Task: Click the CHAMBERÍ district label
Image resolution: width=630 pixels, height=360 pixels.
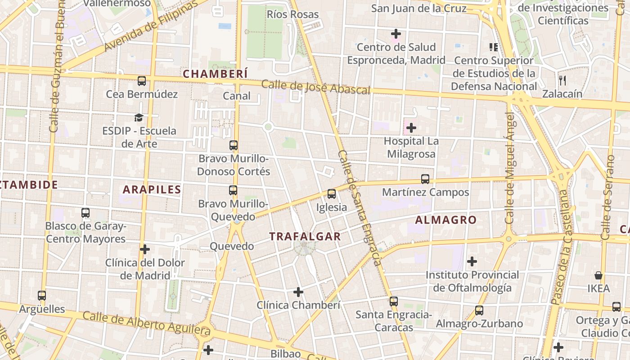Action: (216, 74)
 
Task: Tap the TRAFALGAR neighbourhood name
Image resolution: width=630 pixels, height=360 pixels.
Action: (305, 236)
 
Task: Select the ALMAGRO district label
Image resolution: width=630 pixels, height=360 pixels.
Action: (445, 220)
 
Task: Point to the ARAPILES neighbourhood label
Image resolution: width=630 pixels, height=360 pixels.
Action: (152, 189)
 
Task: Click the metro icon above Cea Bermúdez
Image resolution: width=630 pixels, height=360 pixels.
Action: (142, 81)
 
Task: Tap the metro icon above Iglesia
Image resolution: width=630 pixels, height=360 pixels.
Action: (332, 194)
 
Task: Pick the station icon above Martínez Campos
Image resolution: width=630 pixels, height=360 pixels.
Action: (425, 179)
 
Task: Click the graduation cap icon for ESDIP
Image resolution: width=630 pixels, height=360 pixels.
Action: (139, 118)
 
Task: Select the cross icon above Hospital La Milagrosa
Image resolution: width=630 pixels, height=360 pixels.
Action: (411, 128)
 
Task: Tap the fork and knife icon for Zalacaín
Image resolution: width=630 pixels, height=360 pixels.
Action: (562, 81)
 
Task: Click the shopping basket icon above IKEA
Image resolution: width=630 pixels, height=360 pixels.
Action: (598, 275)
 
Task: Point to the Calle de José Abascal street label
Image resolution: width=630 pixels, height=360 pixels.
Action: (315, 87)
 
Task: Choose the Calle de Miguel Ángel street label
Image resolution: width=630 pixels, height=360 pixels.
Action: (510, 168)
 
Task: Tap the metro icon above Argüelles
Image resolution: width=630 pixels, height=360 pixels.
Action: (42, 296)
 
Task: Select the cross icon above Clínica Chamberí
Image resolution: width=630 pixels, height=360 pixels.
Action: (298, 292)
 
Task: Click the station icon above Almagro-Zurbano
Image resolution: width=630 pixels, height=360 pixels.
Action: (479, 310)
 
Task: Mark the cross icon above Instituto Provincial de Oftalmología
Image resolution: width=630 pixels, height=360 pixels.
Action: (472, 261)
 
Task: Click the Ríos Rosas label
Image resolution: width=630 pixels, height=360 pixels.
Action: (292, 14)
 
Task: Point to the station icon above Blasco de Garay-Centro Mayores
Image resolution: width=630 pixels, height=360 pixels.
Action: (85, 212)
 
